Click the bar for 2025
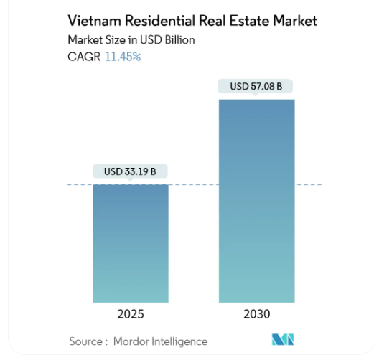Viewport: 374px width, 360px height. click(x=131, y=244)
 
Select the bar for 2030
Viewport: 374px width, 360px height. click(x=256, y=201)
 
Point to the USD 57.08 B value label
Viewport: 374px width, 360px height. click(x=256, y=87)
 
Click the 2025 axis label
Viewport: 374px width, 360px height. click(x=131, y=314)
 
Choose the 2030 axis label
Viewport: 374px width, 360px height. click(x=256, y=314)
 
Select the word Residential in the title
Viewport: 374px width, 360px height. click(x=162, y=21)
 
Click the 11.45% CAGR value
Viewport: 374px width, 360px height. click(x=123, y=57)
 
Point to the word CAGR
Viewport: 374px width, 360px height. click(x=85, y=57)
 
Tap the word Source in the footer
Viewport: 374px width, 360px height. click(x=86, y=341)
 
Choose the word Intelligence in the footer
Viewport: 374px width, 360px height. click(x=179, y=341)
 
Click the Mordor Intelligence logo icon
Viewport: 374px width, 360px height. click(x=283, y=340)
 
